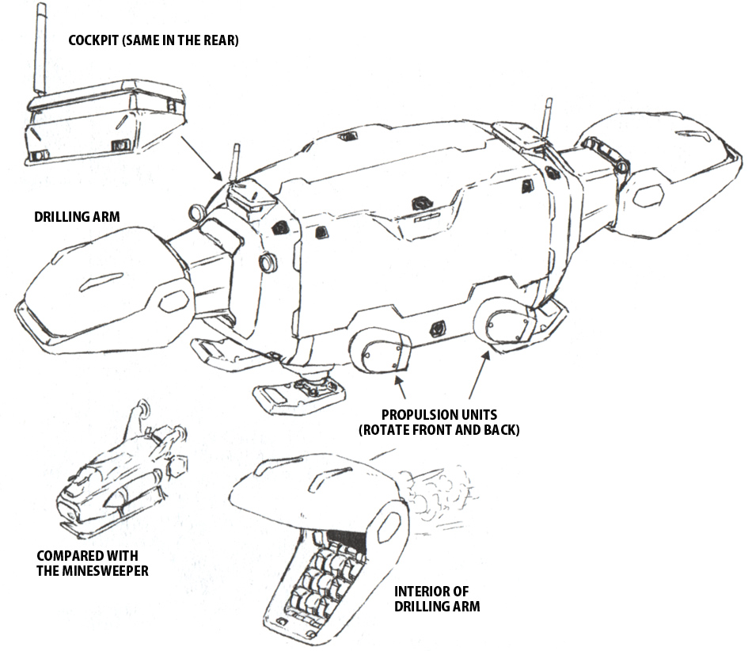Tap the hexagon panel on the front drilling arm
click(174, 300)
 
